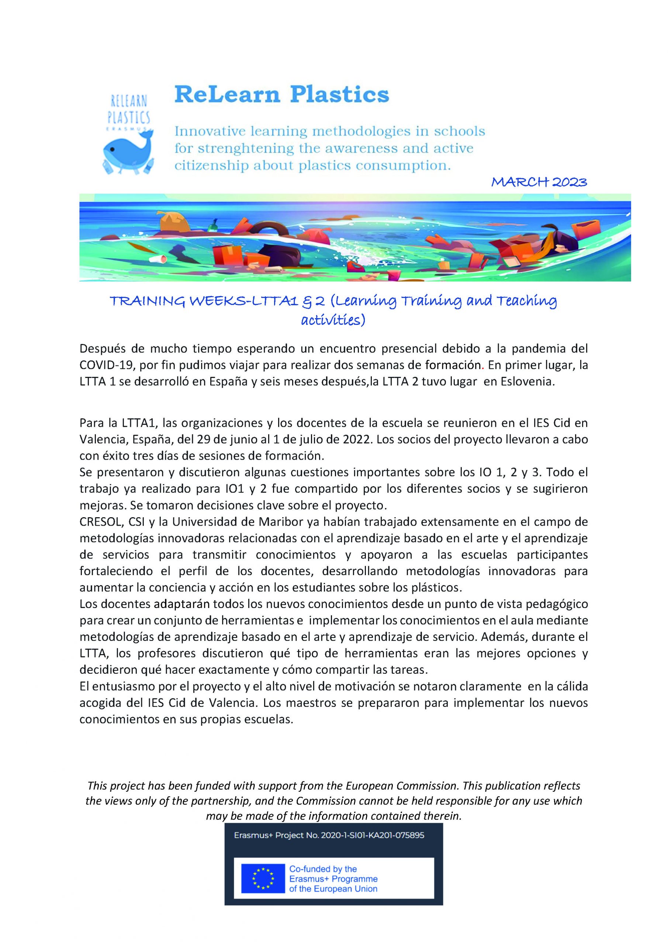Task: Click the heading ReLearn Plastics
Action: (x=281, y=94)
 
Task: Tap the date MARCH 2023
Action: (x=539, y=182)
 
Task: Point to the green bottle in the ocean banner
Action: (x=214, y=226)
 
